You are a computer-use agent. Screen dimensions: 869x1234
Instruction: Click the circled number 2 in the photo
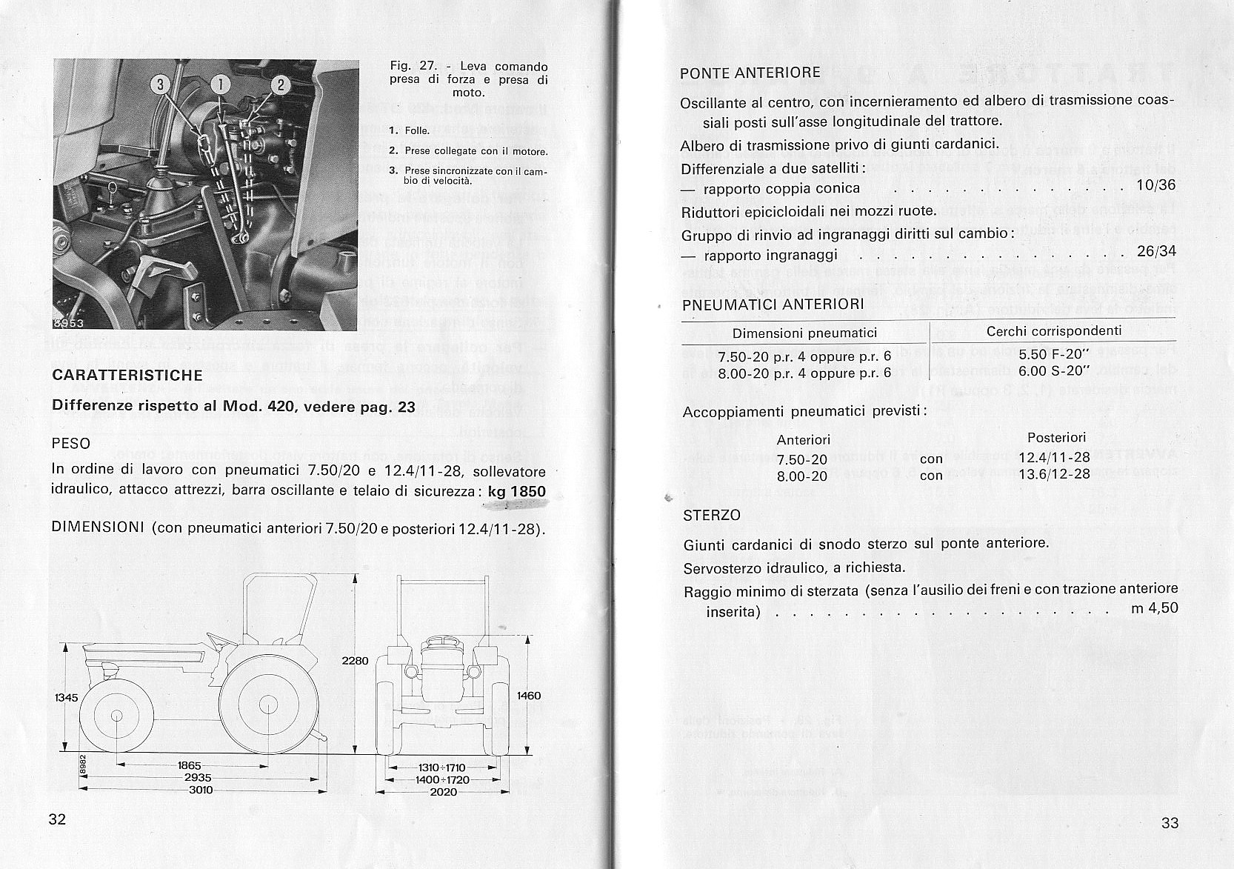pyautogui.click(x=280, y=85)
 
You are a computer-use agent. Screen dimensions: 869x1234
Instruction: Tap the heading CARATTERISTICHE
pyautogui.click(x=127, y=375)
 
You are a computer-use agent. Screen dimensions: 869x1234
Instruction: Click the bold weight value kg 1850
pyautogui.click(x=517, y=491)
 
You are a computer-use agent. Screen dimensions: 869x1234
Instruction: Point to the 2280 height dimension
pyautogui.click(x=355, y=660)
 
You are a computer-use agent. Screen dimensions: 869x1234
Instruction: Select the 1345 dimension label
pyautogui.click(x=67, y=697)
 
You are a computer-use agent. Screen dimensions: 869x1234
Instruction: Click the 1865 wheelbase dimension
pyautogui.click(x=190, y=765)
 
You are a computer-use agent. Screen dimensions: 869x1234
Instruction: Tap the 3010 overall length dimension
pyautogui.click(x=200, y=790)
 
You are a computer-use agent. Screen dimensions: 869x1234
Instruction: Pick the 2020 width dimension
pyautogui.click(x=443, y=791)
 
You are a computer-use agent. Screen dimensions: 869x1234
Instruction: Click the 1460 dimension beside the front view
pyautogui.click(x=529, y=696)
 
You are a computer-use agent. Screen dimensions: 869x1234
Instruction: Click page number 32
pyautogui.click(x=57, y=819)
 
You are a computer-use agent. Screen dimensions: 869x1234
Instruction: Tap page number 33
pyautogui.click(x=1170, y=822)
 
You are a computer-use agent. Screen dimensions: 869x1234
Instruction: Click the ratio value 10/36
pyautogui.click(x=1155, y=185)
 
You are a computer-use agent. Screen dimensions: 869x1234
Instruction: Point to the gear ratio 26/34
pyautogui.click(x=1155, y=251)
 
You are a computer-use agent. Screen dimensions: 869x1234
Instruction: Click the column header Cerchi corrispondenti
pyautogui.click(x=1053, y=331)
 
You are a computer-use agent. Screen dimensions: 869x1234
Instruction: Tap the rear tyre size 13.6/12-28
pyautogui.click(x=1054, y=474)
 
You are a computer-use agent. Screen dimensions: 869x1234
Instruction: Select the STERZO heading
pyautogui.click(x=711, y=515)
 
